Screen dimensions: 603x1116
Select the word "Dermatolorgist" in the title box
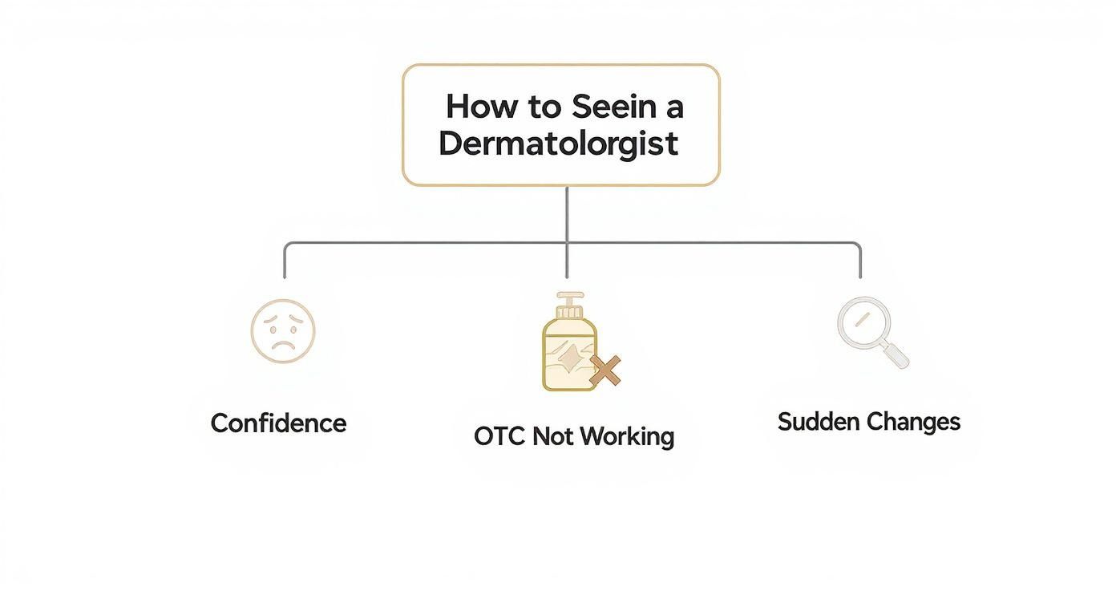pos(559,144)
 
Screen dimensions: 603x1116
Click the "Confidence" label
pos(278,423)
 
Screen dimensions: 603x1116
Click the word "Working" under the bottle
pos(626,437)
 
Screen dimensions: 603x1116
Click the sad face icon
pos(283,331)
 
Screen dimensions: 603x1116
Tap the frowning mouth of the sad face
pos(283,346)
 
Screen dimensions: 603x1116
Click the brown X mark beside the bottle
pos(605,371)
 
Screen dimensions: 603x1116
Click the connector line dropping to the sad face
pos(285,260)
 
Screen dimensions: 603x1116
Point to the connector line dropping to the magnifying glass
pos(860,260)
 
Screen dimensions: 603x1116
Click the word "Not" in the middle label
pos(554,436)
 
